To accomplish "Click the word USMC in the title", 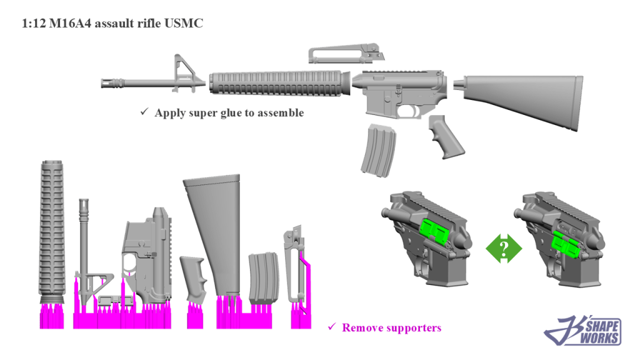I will click(185, 24).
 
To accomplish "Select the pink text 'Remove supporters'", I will click(391, 327).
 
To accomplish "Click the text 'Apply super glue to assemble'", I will click(229, 113).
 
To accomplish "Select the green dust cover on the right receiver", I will click(567, 242).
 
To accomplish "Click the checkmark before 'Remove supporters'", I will click(332, 327).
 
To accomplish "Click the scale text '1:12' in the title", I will click(32, 24).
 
